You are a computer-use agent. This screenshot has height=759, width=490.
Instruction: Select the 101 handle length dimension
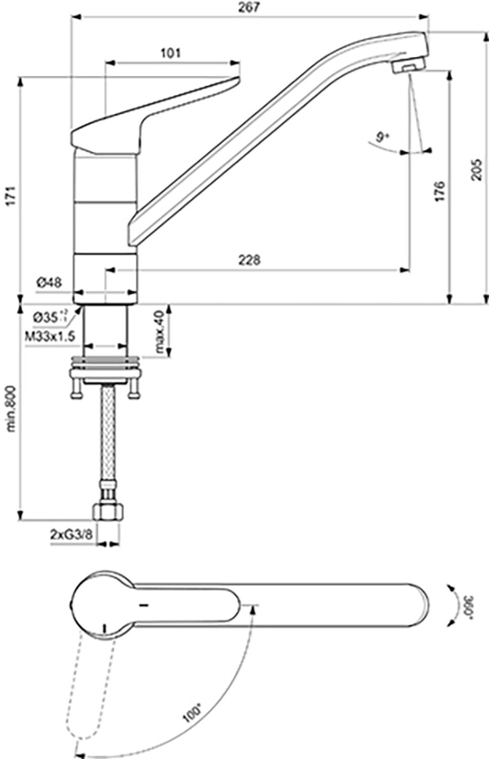[171, 53]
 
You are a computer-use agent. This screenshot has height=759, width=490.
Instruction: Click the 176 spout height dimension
[439, 191]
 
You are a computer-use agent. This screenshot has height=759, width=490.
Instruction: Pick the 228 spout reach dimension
[250, 260]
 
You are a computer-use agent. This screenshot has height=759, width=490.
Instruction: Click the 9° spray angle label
[383, 136]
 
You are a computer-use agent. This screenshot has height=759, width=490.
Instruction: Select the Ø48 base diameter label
[49, 282]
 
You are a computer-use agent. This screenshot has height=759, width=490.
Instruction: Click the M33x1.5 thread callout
[50, 335]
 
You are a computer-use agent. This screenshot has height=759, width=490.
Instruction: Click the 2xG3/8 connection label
[71, 534]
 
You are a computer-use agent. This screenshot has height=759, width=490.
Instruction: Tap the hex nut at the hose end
[108, 512]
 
